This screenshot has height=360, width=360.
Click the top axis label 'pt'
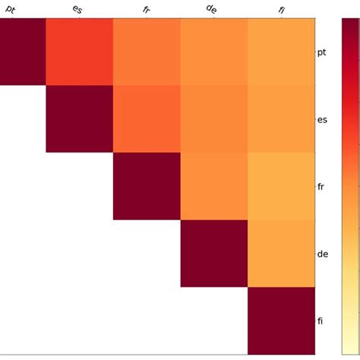tap(11, 9)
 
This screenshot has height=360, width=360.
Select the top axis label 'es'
tap(77, 9)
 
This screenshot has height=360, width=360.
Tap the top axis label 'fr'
tap(145, 9)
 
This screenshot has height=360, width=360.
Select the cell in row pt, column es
tap(80, 52)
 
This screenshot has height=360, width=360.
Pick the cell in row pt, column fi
tap(281, 52)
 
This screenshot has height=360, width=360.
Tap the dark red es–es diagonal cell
tap(80, 119)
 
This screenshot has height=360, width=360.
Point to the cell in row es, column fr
tap(147, 119)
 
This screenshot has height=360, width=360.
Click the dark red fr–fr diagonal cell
tap(147, 186)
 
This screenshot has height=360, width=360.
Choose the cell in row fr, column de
tap(213, 186)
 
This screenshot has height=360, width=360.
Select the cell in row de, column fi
tap(281, 253)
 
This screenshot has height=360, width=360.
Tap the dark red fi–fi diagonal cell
tap(281, 320)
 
